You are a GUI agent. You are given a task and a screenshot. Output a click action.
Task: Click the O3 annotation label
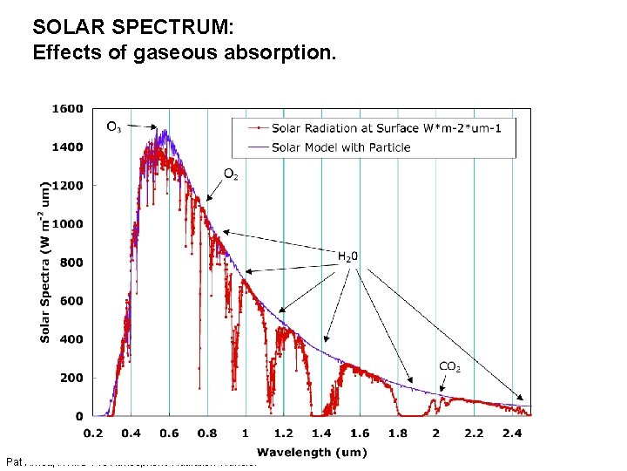coord(114,127)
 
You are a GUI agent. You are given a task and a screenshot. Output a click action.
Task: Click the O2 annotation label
coord(232,174)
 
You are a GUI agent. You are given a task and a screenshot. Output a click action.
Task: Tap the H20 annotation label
coord(347,256)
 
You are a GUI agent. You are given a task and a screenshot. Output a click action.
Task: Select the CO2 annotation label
coord(449,367)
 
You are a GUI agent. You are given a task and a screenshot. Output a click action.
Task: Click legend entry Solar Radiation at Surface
coord(392,129)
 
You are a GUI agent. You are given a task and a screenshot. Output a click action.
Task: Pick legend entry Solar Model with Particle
coord(340,147)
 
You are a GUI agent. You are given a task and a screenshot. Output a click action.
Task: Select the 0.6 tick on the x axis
coord(169,433)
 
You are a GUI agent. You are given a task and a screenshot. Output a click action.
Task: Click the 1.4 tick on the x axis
coord(321,433)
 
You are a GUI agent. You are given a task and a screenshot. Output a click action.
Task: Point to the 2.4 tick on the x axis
coord(512,433)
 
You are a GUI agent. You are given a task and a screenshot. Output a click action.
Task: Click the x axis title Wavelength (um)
coord(312,452)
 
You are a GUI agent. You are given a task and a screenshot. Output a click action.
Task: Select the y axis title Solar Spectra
coord(44,262)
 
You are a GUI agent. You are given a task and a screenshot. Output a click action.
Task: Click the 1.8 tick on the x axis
coord(398,433)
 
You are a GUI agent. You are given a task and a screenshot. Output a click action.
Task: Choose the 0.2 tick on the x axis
coord(92,433)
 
